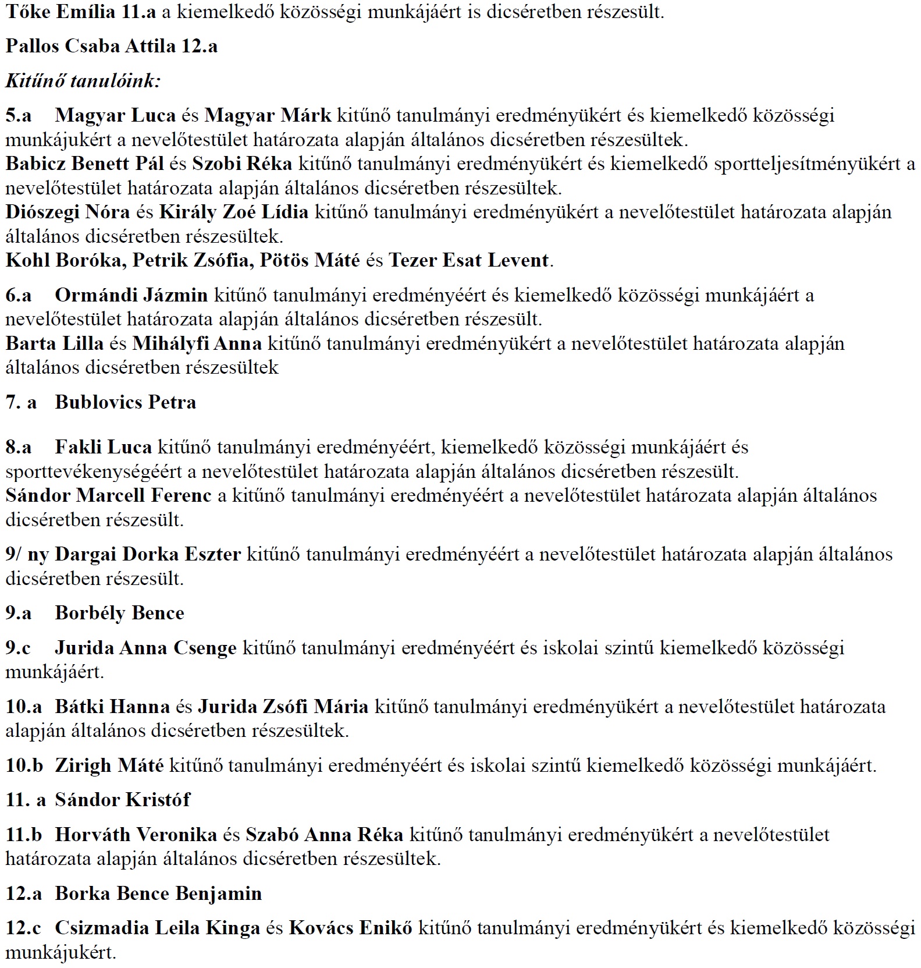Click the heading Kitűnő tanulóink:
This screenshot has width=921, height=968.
[x=83, y=80]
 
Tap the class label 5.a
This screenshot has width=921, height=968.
[x=19, y=115]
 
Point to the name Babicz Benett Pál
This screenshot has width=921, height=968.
[x=85, y=164]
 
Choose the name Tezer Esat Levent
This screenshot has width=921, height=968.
[x=468, y=260]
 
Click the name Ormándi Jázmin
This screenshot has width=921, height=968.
[x=131, y=295]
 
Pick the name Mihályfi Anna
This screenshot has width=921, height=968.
[x=197, y=343]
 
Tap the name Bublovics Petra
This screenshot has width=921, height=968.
[x=125, y=402]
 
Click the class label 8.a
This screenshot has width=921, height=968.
[x=19, y=447]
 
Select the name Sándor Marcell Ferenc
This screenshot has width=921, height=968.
[x=108, y=495]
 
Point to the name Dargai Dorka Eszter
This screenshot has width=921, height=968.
[x=148, y=554]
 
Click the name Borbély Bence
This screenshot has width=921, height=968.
[x=119, y=613]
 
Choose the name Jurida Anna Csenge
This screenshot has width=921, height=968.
[x=145, y=648]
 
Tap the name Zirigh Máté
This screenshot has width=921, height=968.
[x=109, y=765]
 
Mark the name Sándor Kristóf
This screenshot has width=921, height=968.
[x=122, y=800]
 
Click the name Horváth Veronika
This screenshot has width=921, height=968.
[x=136, y=835]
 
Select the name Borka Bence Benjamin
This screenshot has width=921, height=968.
[x=158, y=893]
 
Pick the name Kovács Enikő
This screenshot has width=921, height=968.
[x=350, y=928]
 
